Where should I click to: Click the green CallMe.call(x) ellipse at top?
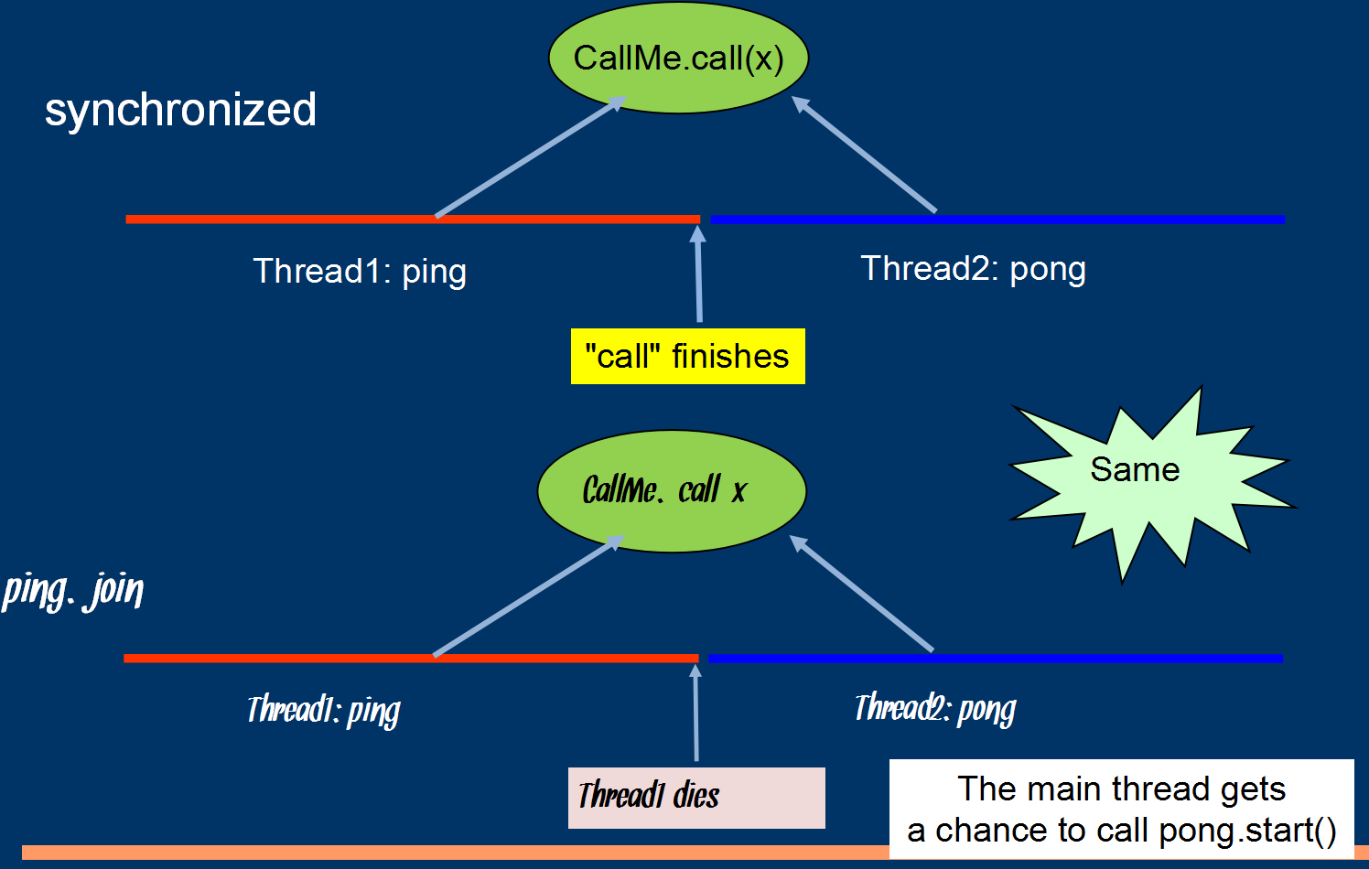coord(678,59)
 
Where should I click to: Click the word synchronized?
coord(180,110)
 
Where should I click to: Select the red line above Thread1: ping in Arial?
coord(275,220)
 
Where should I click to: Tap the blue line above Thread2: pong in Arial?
coord(1098,220)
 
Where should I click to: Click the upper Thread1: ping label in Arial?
coord(360,272)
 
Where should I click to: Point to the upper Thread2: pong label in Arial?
coord(973,269)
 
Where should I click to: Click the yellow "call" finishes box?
coord(687,356)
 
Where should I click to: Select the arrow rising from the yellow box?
coord(698,274)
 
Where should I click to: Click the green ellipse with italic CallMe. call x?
coord(671,491)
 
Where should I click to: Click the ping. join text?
coord(73,590)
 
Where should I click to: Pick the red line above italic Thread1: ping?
coord(275,659)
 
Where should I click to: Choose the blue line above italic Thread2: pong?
coord(1098,659)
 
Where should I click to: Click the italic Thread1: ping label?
coord(323,711)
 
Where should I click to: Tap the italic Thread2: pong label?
coord(934,709)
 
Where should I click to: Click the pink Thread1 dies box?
coord(695,798)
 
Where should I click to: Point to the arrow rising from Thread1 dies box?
coord(695,713)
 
